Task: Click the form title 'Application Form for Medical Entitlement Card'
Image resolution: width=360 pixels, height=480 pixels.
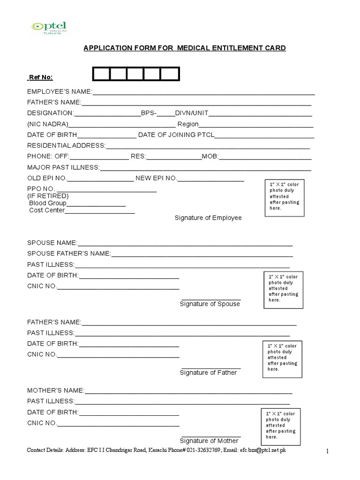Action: coord(184,48)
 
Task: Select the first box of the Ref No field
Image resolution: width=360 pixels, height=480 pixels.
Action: coord(101,75)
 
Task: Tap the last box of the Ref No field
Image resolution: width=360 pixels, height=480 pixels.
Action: coord(170,75)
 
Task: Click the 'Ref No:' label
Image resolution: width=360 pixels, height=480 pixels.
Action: coord(40,77)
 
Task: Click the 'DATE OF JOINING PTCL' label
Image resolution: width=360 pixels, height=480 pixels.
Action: coord(176,135)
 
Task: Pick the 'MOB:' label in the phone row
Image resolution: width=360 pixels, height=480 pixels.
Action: coord(210,157)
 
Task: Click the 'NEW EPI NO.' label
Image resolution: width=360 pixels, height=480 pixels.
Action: coord(157,178)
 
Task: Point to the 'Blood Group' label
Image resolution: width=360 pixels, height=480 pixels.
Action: coord(47,203)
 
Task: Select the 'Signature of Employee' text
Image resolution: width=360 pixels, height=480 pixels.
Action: coord(208,218)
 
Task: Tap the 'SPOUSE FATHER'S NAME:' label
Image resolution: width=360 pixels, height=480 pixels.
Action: coord(69,254)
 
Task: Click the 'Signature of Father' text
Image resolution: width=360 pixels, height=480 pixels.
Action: coord(209,373)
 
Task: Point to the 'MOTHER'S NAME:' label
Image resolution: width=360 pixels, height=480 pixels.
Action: coord(56,390)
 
